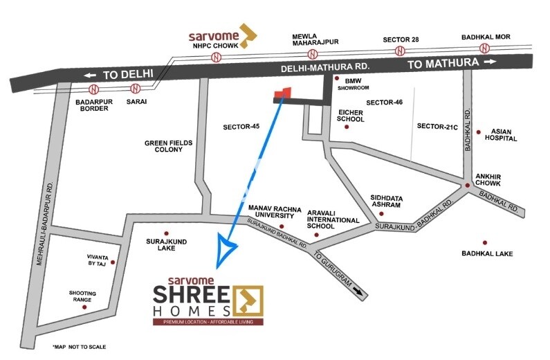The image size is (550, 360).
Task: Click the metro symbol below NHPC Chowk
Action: (x=217, y=55)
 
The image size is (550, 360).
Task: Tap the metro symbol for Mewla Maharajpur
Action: (x=313, y=54)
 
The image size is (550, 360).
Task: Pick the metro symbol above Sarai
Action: (x=135, y=88)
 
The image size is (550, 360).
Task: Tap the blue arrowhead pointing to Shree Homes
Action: (x=226, y=251)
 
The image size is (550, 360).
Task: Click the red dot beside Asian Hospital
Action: (x=479, y=131)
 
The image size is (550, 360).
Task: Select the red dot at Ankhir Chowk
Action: (x=468, y=186)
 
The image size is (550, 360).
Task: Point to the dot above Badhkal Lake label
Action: (x=485, y=242)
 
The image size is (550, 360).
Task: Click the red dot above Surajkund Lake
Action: (x=166, y=233)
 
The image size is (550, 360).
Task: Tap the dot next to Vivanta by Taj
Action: (x=112, y=263)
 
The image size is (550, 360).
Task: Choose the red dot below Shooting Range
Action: (x=85, y=307)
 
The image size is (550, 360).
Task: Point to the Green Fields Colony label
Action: (x=168, y=147)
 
